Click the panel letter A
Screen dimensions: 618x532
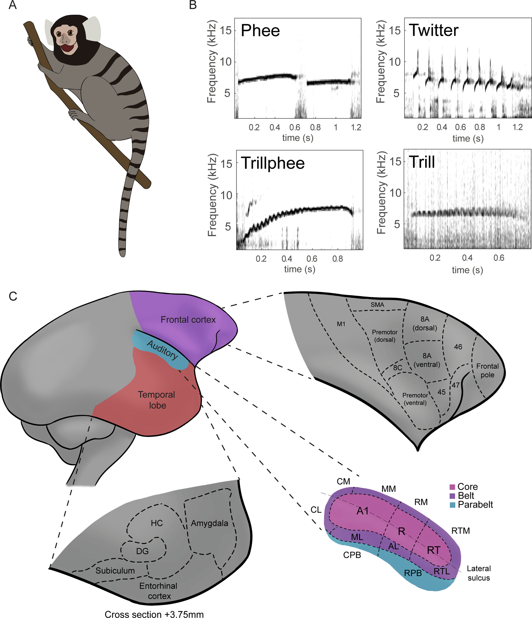point(12,5)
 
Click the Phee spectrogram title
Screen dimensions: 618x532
point(260,31)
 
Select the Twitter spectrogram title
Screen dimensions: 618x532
point(433,30)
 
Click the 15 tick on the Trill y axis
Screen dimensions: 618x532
point(396,161)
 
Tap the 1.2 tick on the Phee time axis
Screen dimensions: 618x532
point(356,127)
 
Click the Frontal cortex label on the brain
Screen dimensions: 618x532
point(188,320)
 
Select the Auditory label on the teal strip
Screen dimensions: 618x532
point(163,350)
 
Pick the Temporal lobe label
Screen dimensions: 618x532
point(157,400)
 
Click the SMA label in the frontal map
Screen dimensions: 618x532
point(377,305)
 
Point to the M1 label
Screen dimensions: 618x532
point(341,324)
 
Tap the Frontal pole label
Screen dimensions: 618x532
point(487,370)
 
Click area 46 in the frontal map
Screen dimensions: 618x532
point(458,347)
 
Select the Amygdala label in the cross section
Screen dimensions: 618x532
point(209,523)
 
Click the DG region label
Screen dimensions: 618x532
point(142,551)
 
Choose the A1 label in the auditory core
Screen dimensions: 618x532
point(363,511)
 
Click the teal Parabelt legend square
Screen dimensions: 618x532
point(452,505)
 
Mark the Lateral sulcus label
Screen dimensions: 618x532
point(479,573)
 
